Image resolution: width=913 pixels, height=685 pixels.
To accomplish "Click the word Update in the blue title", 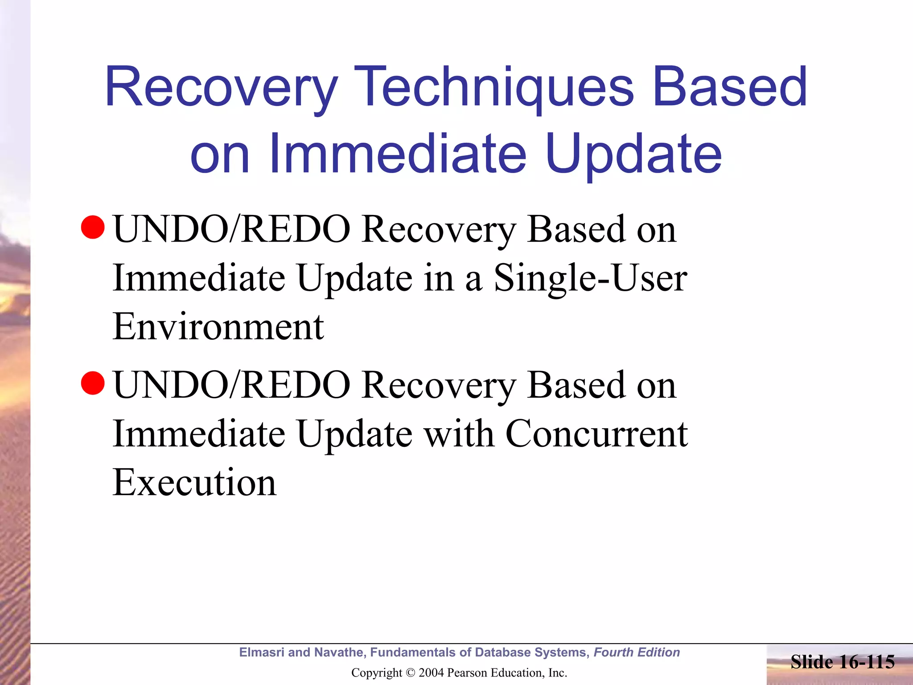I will pos(633,154).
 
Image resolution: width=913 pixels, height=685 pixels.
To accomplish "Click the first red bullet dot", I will pos(93,227).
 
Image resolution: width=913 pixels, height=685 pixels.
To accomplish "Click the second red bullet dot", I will pos(93,383).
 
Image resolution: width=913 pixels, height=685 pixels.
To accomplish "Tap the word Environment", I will pos(218,327).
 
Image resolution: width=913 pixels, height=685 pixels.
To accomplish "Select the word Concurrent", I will pos(596,433).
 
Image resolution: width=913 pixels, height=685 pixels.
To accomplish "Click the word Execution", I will pos(194,483).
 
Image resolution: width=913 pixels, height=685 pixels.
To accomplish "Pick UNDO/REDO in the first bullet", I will pos(232,229).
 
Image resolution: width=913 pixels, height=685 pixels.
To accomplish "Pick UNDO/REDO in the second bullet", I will pos(232,385).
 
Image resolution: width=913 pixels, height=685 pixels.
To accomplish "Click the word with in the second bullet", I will pos(459,433).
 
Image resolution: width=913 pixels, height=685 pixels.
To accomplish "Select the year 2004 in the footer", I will pos(431,673).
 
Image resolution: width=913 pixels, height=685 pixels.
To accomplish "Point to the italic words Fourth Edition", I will pos(637,652).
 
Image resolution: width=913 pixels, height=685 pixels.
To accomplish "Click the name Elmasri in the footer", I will pos(262,652).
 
